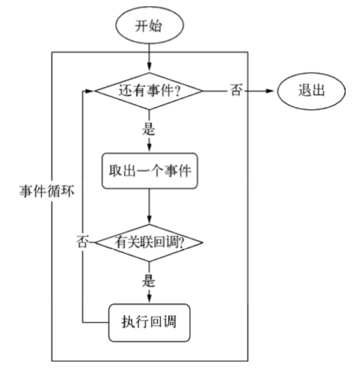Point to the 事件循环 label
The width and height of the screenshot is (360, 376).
(x=47, y=191)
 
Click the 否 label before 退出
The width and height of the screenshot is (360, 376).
(x=236, y=90)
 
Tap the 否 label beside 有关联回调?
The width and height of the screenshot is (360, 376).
(x=83, y=242)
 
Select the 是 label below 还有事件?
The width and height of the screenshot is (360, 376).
(x=149, y=128)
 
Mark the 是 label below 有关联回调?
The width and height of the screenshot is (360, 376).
(x=149, y=280)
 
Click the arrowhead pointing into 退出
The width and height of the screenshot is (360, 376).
(x=270, y=91)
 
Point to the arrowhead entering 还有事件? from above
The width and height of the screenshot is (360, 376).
(x=149, y=66)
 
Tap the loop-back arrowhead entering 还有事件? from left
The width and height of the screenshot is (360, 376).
(x=90, y=91)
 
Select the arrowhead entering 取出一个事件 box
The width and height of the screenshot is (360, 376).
(x=149, y=147)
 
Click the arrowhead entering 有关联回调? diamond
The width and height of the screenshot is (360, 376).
(x=149, y=219)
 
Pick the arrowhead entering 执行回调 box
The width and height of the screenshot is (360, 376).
(x=149, y=298)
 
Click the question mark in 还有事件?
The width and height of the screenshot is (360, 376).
(x=177, y=91)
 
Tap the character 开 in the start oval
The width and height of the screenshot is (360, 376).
(x=141, y=25)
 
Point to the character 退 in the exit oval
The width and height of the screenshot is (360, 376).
(x=304, y=90)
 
